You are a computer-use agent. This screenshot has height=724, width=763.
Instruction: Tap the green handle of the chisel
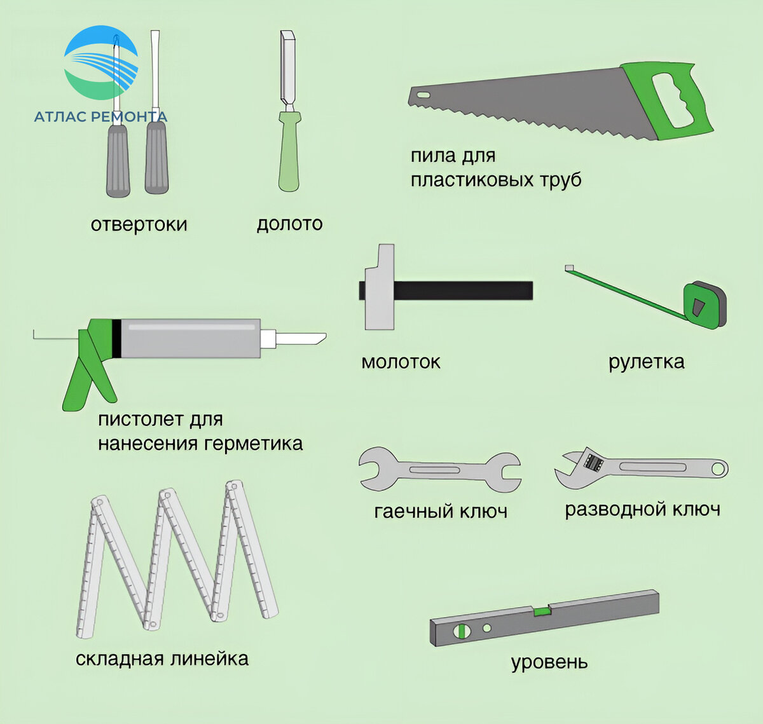point(289,151)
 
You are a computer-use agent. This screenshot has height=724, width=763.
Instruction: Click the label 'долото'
point(289,224)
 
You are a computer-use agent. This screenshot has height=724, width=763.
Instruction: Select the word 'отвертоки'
point(139,224)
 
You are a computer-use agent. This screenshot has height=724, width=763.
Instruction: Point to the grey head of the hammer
point(380,287)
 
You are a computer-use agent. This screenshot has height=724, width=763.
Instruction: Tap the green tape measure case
point(705,305)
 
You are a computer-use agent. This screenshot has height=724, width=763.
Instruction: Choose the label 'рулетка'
point(647,362)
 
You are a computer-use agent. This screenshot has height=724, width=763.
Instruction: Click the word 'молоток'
point(401,362)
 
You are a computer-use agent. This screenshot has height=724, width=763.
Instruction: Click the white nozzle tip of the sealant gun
point(301,339)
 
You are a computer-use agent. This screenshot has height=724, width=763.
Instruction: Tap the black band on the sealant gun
point(117,338)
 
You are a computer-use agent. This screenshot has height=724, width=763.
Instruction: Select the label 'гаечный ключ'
point(441,512)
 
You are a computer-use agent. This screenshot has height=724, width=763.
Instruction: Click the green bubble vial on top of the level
point(542,612)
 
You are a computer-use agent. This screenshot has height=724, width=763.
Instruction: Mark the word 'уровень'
point(549,662)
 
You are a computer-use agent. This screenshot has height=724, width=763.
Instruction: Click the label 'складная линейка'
point(162,659)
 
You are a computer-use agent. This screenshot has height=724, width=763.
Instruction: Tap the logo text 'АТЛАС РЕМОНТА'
point(101,116)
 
